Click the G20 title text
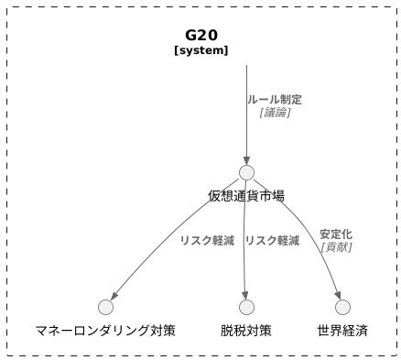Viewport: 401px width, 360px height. [200, 35]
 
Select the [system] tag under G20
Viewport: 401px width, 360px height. [200, 51]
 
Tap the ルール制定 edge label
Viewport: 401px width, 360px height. [274, 99]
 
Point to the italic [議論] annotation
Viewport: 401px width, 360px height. [274, 112]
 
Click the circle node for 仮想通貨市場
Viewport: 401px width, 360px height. [246, 172]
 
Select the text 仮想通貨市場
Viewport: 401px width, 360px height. [246, 196]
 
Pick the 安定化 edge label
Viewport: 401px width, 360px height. [335, 234]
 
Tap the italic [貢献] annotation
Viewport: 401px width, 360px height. [335, 246]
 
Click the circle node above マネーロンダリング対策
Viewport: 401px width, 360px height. [105, 307]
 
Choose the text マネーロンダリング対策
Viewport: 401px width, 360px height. [105, 331]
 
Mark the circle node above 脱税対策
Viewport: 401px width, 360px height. [246, 307]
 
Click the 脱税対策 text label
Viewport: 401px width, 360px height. [246, 331]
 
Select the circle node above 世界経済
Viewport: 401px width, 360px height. [342, 307]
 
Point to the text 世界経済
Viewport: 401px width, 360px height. [342, 331]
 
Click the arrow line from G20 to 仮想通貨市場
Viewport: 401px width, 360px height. [246, 119]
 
